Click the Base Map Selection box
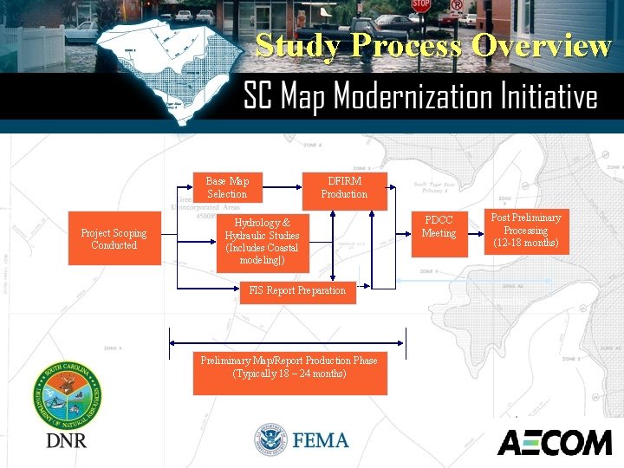click(x=227, y=187)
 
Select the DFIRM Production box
click(x=344, y=187)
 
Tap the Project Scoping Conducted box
click(x=114, y=239)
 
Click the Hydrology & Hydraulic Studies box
click(x=262, y=241)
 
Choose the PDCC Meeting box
click(x=439, y=227)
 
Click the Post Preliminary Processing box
click(x=525, y=231)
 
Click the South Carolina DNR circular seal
click(x=67, y=394)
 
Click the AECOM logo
click(x=554, y=441)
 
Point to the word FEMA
click(x=321, y=440)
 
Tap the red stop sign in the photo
click(x=420, y=5)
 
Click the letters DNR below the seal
click(x=66, y=440)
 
